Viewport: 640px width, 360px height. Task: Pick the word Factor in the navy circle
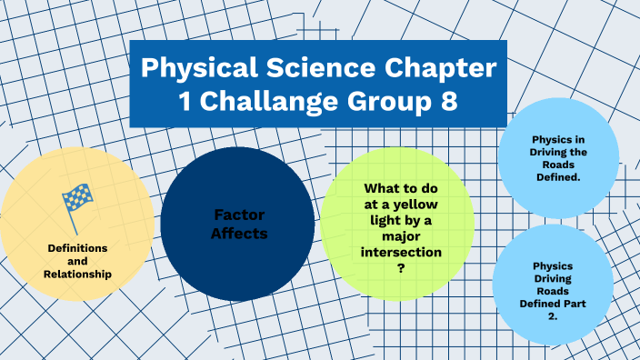[x=239, y=215]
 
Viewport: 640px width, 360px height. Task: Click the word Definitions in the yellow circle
[x=76, y=247]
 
